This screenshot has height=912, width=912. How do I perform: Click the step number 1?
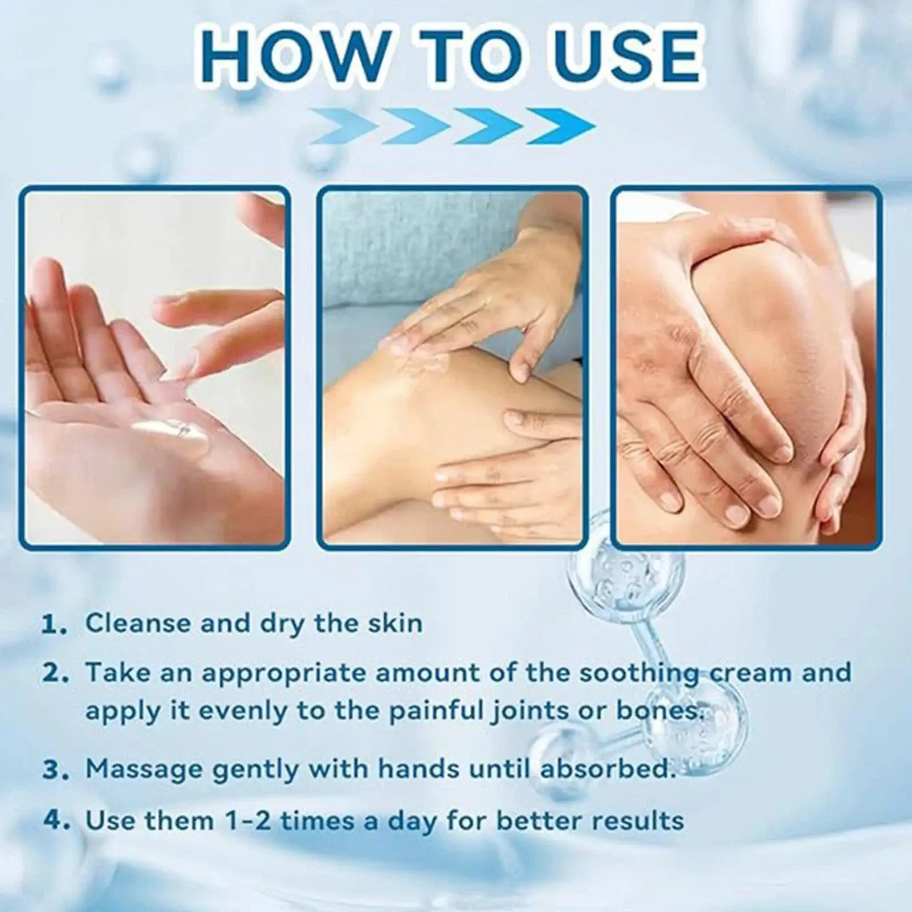pos(56,625)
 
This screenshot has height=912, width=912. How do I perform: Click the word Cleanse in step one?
pos(137,623)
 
